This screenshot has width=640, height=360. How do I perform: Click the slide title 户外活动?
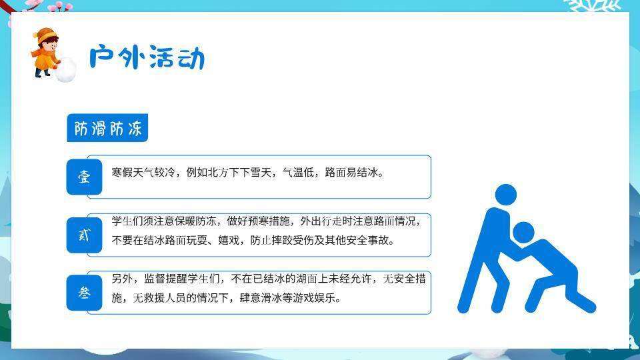click(147, 58)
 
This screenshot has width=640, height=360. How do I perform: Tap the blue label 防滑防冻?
click(107, 129)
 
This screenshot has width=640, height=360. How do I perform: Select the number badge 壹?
click(84, 177)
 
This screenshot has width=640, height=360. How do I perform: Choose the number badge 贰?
click(84, 235)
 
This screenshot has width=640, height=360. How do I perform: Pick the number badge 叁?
click(84, 293)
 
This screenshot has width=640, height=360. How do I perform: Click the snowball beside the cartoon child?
click(65, 70)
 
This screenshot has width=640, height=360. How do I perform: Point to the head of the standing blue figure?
click(506, 195)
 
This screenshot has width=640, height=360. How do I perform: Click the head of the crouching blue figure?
click(524, 231)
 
